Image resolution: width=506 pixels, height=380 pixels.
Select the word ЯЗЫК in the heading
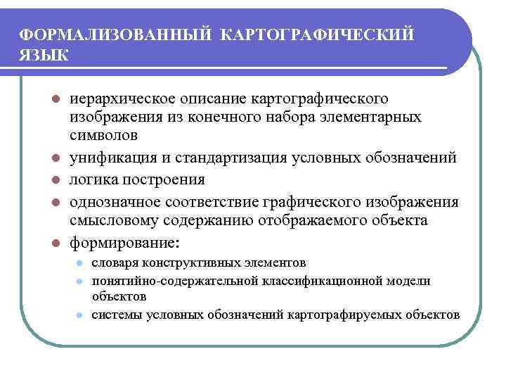[x=44, y=55]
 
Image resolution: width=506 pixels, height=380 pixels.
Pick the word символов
[x=103, y=133]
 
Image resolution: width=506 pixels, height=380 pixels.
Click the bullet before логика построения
[x=55, y=180]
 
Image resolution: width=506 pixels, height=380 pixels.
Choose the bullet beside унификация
[x=55, y=157]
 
